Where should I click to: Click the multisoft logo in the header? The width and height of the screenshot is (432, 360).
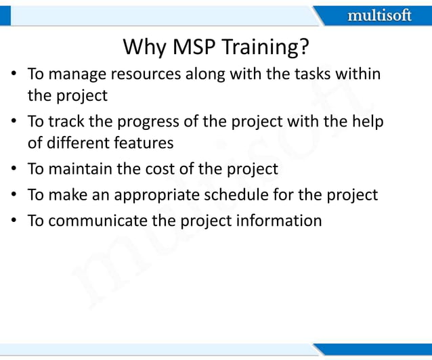(379, 15)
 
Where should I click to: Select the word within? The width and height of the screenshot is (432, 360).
(358, 74)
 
